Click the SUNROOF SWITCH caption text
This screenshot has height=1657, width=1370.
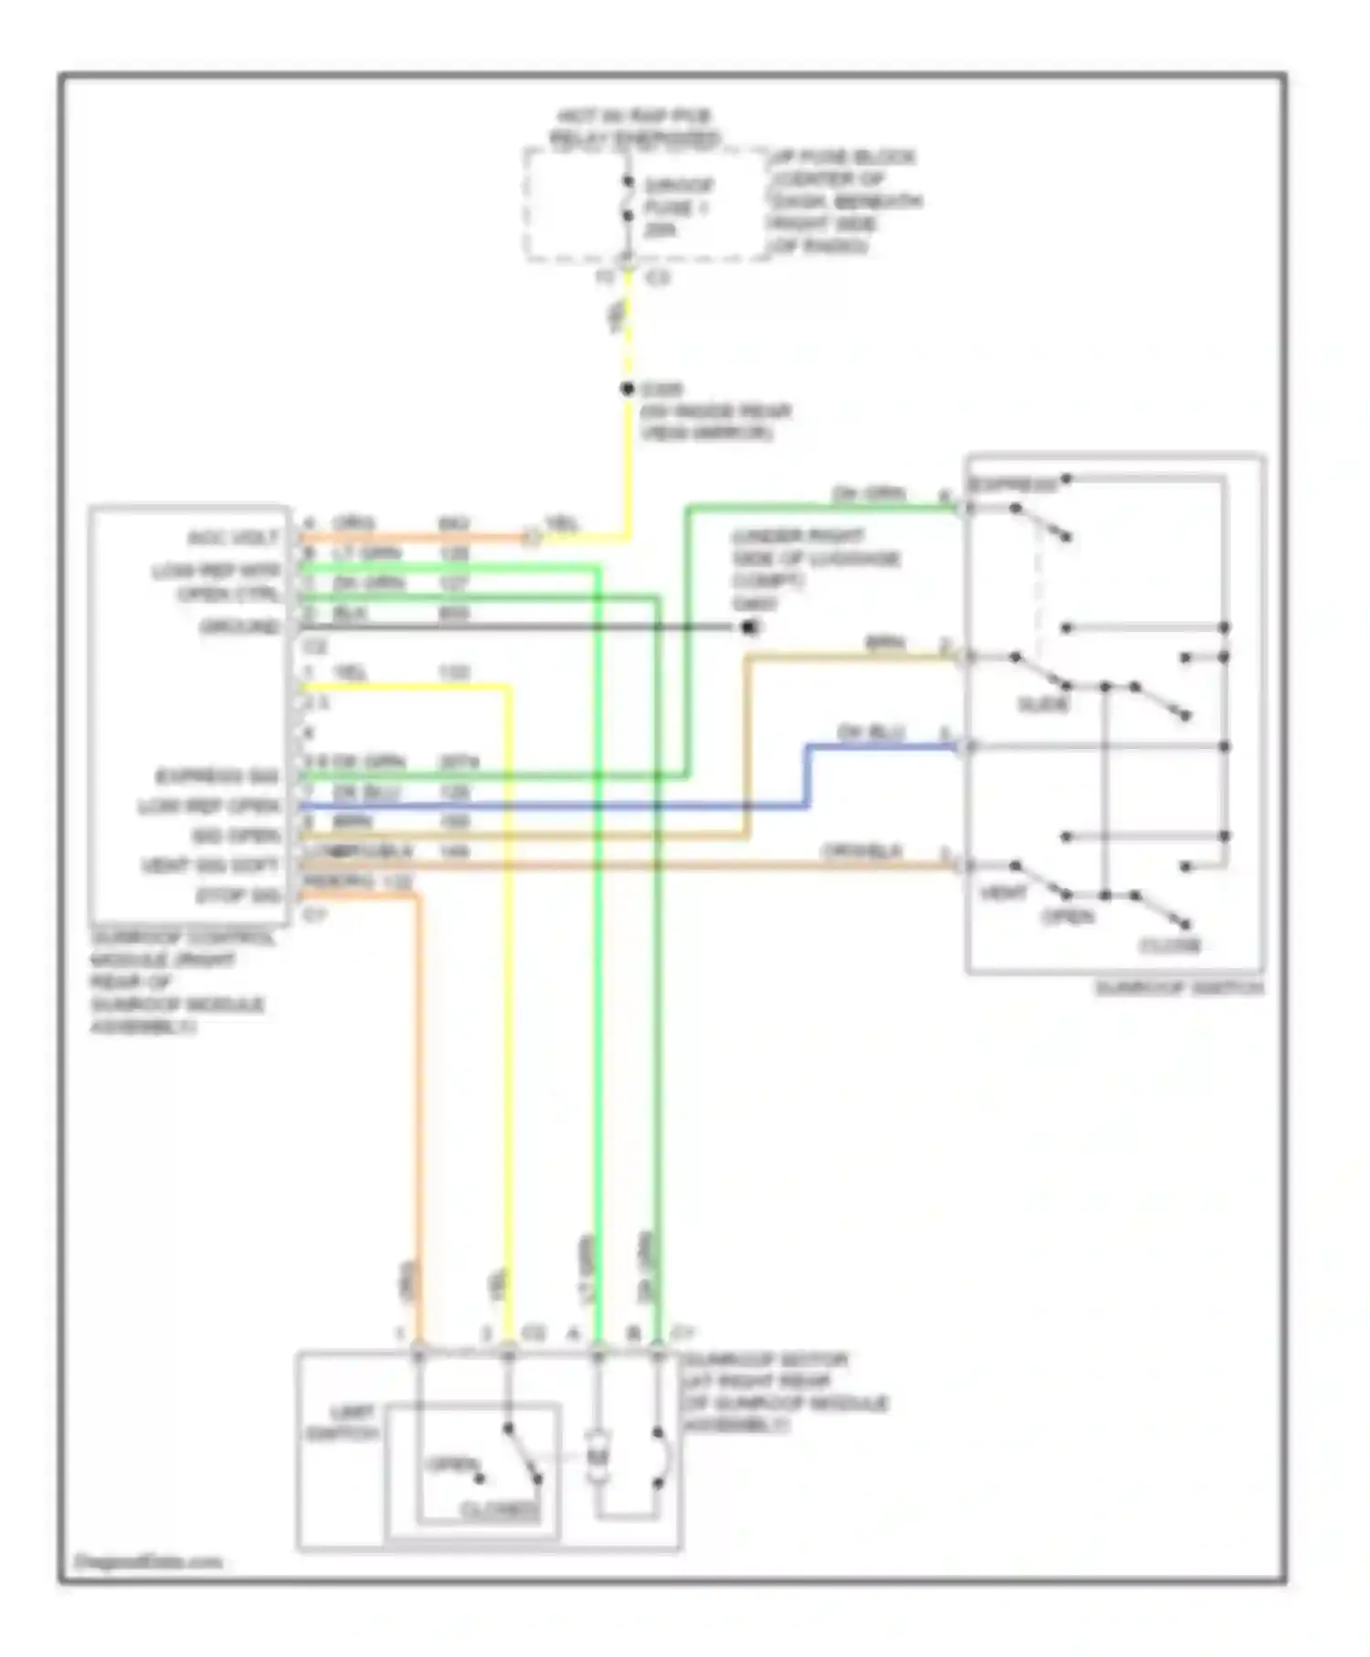[x=1178, y=988]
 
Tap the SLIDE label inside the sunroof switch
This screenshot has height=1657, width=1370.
[x=1043, y=704]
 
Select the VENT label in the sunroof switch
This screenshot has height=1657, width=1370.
[x=1004, y=892]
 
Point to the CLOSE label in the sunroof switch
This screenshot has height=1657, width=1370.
[x=1169, y=945]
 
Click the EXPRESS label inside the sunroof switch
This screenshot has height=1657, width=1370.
[x=1012, y=484]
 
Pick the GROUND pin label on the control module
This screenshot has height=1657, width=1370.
[x=239, y=628]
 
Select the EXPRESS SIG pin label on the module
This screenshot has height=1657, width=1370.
[x=216, y=776]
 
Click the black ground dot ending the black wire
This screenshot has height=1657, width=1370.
[x=749, y=627]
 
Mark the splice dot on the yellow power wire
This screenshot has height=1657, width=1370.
[x=627, y=389]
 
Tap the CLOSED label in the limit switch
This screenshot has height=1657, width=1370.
[x=500, y=1511]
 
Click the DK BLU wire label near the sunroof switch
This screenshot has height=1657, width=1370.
[x=870, y=734]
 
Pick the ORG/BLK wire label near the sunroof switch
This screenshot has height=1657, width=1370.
[x=861, y=851]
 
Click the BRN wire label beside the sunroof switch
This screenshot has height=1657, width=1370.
[x=884, y=644]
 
